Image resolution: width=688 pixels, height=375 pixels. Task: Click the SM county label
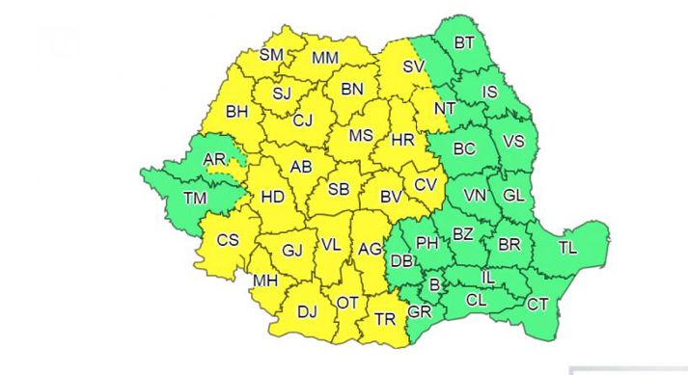coord(271,56)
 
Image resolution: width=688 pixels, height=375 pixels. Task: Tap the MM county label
coord(325,58)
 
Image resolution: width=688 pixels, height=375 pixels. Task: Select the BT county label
coord(465,42)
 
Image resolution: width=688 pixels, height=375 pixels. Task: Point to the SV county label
coord(413,67)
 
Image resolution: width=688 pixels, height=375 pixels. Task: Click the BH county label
coord(237,112)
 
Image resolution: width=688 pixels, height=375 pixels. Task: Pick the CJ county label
coord(303,121)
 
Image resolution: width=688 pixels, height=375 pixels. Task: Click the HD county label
coord(273,198)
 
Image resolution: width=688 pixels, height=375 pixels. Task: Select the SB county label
coord(338,189)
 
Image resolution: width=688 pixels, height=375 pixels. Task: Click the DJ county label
coord(307,311)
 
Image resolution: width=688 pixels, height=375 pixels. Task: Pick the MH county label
coord(263,281)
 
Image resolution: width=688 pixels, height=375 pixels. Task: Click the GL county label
coord(513,196)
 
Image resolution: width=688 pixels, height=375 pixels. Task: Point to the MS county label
coord(360,136)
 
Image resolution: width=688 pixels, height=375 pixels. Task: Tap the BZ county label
coord(463,233)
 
